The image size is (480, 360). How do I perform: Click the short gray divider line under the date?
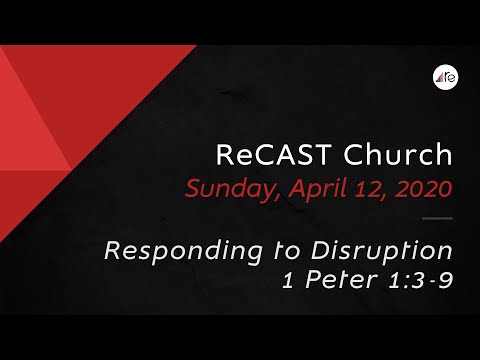coord(439,218)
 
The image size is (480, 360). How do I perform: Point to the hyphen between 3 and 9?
coord(435,281)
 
